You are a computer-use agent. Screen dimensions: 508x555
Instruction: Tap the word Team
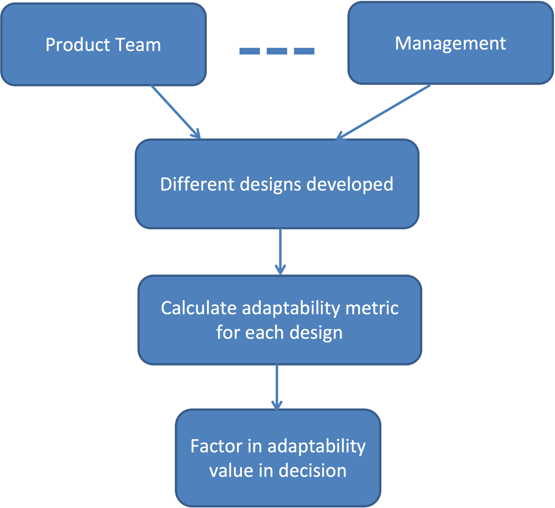coord(138,45)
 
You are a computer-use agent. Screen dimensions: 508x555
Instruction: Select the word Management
coord(450,44)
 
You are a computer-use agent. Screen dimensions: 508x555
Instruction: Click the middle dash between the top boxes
coord(277,51)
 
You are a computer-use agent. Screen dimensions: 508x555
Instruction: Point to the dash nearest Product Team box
coord(250,51)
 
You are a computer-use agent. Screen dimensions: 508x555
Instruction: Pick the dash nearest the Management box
coord(304,51)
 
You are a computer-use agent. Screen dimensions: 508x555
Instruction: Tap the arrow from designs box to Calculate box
coord(280,251)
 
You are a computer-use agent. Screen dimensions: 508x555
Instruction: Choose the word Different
coord(197,184)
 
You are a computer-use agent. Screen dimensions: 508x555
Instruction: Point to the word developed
coord(350,185)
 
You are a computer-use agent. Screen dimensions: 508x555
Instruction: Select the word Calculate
coord(198,308)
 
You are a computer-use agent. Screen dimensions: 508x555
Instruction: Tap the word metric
coord(372,308)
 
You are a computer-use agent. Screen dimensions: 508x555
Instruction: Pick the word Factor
coord(216,446)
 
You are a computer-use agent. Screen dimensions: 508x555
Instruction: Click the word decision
coord(313,471)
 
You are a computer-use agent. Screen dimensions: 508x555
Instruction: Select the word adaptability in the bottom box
coord(317,446)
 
